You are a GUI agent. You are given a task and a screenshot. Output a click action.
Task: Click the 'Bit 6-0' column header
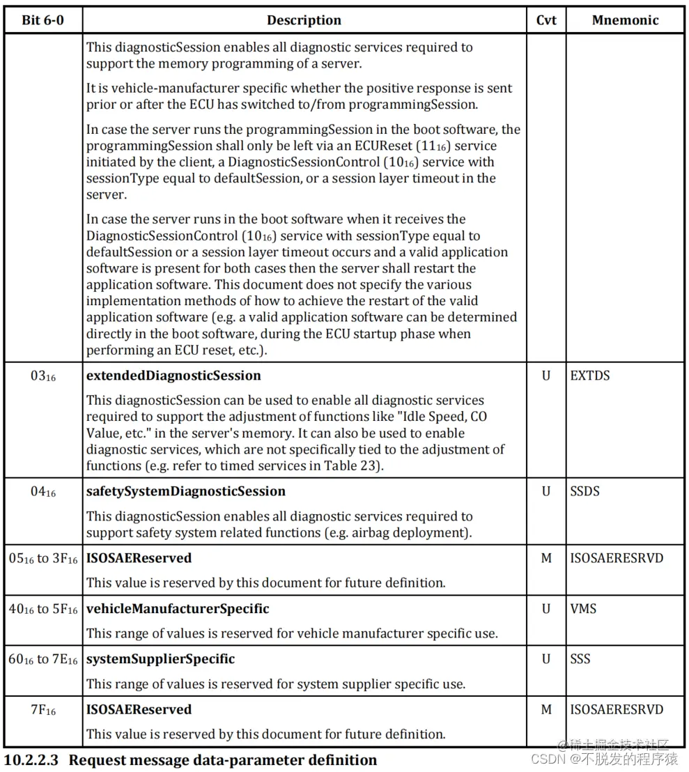click(x=42, y=20)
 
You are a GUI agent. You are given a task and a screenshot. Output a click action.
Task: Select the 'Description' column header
click(x=304, y=20)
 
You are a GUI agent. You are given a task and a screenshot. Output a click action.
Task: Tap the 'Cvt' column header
click(x=546, y=20)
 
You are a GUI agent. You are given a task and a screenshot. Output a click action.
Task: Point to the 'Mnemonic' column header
click(x=625, y=20)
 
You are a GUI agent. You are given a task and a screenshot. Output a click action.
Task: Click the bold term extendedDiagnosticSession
click(x=173, y=376)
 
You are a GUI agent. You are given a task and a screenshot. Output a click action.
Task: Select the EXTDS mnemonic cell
click(x=589, y=376)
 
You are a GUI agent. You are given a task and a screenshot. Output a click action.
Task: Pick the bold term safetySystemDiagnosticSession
click(x=185, y=491)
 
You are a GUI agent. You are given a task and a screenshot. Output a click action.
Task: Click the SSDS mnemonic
click(x=585, y=491)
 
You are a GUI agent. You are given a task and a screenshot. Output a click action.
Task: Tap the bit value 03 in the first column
click(x=42, y=376)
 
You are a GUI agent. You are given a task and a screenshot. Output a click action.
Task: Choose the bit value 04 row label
click(x=42, y=492)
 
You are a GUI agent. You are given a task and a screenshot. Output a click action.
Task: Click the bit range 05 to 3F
click(x=42, y=559)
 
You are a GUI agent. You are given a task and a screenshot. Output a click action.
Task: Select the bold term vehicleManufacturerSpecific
click(x=178, y=609)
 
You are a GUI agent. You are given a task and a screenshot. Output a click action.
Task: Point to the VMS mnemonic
click(x=583, y=609)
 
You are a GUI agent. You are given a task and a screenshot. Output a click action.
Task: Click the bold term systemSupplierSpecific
click(x=160, y=659)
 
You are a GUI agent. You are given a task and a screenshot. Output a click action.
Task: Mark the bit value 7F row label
click(x=42, y=710)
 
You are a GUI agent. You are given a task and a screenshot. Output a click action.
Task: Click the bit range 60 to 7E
click(x=42, y=660)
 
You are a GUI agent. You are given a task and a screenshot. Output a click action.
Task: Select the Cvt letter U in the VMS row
click(x=546, y=609)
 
